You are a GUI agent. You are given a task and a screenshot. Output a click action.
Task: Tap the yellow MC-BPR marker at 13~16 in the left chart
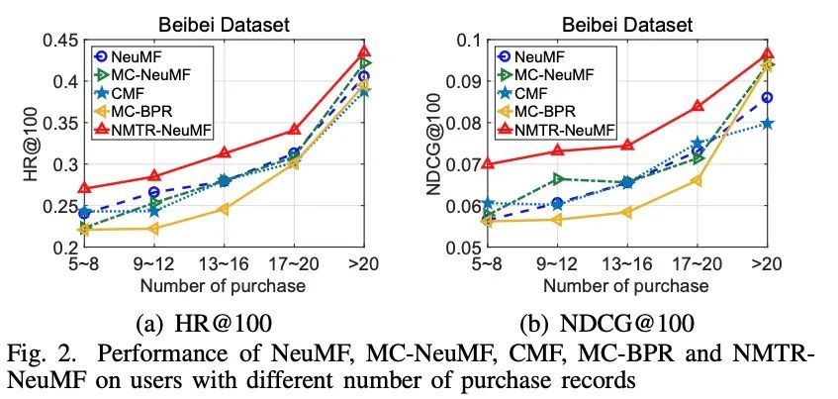(224, 209)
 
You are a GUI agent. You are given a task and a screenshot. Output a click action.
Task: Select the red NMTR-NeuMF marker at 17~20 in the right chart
(698, 105)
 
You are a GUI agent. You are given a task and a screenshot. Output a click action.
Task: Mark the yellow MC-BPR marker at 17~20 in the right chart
(698, 179)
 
